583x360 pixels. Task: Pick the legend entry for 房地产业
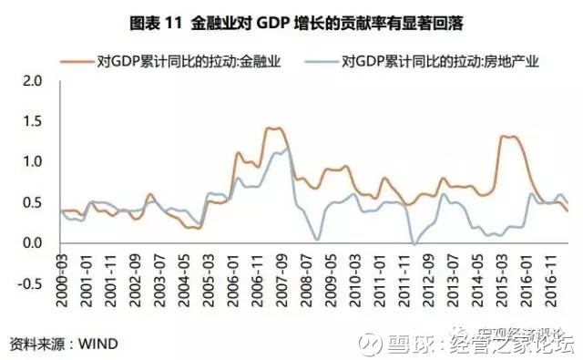[443, 63]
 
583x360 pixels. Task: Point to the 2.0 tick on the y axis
[33, 81]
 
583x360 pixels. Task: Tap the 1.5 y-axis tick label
[33, 121]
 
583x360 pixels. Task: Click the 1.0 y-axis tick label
[33, 162]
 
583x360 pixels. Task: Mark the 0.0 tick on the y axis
[33, 243]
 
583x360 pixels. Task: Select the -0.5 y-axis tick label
[30, 283]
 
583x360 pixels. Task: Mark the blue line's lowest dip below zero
[414, 243]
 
